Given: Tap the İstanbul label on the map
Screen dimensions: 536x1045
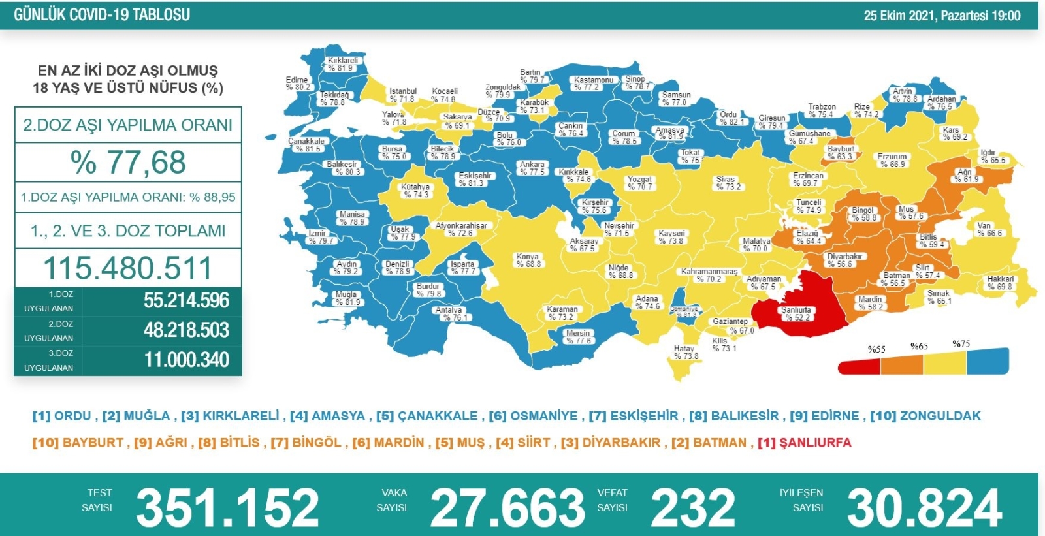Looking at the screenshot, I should [x=402, y=95].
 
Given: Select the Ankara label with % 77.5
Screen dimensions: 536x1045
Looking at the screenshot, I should [x=532, y=168].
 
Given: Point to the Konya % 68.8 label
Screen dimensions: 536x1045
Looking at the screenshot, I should [x=528, y=260].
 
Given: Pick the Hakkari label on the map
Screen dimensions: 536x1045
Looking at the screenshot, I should [x=1000, y=283].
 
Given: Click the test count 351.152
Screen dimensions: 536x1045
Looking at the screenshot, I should [x=227, y=507].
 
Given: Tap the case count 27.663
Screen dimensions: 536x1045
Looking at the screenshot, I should [x=507, y=507].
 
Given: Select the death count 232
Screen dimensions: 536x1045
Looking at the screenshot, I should [x=692, y=507].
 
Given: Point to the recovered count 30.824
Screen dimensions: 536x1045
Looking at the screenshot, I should [x=924, y=507].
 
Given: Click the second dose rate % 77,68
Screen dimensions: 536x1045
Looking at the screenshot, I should [x=128, y=163].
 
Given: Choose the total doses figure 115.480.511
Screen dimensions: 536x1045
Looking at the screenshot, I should [x=128, y=268].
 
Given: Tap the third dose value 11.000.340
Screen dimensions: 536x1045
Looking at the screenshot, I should [x=187, y=360].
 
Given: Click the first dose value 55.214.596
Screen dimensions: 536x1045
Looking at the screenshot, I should [x=187, y=300].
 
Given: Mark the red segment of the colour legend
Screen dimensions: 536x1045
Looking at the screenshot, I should [x=859, y=366].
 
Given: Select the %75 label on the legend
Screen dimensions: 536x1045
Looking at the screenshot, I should [x=961, y=344].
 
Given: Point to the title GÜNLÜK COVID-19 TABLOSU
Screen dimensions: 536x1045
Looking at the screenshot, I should [x=102, y=15].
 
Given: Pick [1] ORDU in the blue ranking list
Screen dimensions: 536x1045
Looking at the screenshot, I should [x=62, y=416].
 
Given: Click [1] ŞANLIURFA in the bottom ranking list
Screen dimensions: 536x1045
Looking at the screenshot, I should [x=805, y=443].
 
